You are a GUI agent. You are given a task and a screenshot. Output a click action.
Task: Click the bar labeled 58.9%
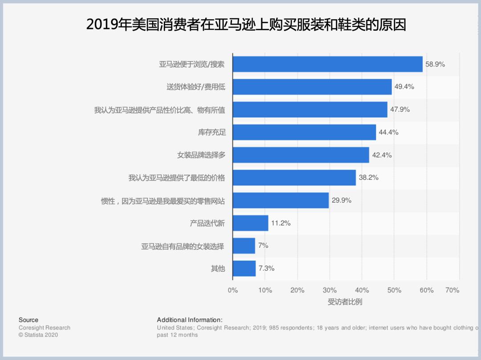coord(327,64)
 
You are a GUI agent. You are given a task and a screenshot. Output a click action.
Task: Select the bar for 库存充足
coord(304,132)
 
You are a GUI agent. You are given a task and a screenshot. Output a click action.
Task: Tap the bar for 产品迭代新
coord(250,223)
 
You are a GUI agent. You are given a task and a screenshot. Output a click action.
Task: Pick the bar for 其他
coord(244,268)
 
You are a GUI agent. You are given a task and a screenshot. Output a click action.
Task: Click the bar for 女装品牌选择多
coord(301,155)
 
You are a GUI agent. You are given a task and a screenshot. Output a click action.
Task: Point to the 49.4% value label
coord(404,87)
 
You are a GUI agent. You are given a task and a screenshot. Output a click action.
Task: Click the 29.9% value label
coord(342,200)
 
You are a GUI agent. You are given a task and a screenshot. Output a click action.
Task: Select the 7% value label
coord(263,245)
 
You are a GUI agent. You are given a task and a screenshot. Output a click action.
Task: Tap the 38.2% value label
coord(369,178)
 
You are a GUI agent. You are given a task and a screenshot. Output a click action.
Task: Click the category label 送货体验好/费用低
coord(196,87)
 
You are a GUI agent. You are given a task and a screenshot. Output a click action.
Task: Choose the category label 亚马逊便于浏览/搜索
coord(192,64)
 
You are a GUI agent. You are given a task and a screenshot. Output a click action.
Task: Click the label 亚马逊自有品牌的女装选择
coord(183,246)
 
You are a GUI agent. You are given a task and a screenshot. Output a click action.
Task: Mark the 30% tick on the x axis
coord(330,290)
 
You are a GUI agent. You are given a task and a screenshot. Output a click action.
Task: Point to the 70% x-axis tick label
coord(452,290)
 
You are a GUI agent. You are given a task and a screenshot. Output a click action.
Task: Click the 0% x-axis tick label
coord(232,290)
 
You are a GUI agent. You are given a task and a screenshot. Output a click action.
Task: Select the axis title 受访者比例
coord(345,302)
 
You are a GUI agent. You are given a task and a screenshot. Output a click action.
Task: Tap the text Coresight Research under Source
coord(44,328)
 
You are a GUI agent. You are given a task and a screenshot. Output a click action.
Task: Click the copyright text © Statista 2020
coord(38,335)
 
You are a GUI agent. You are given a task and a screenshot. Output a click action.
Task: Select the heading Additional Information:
coord(189,320)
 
